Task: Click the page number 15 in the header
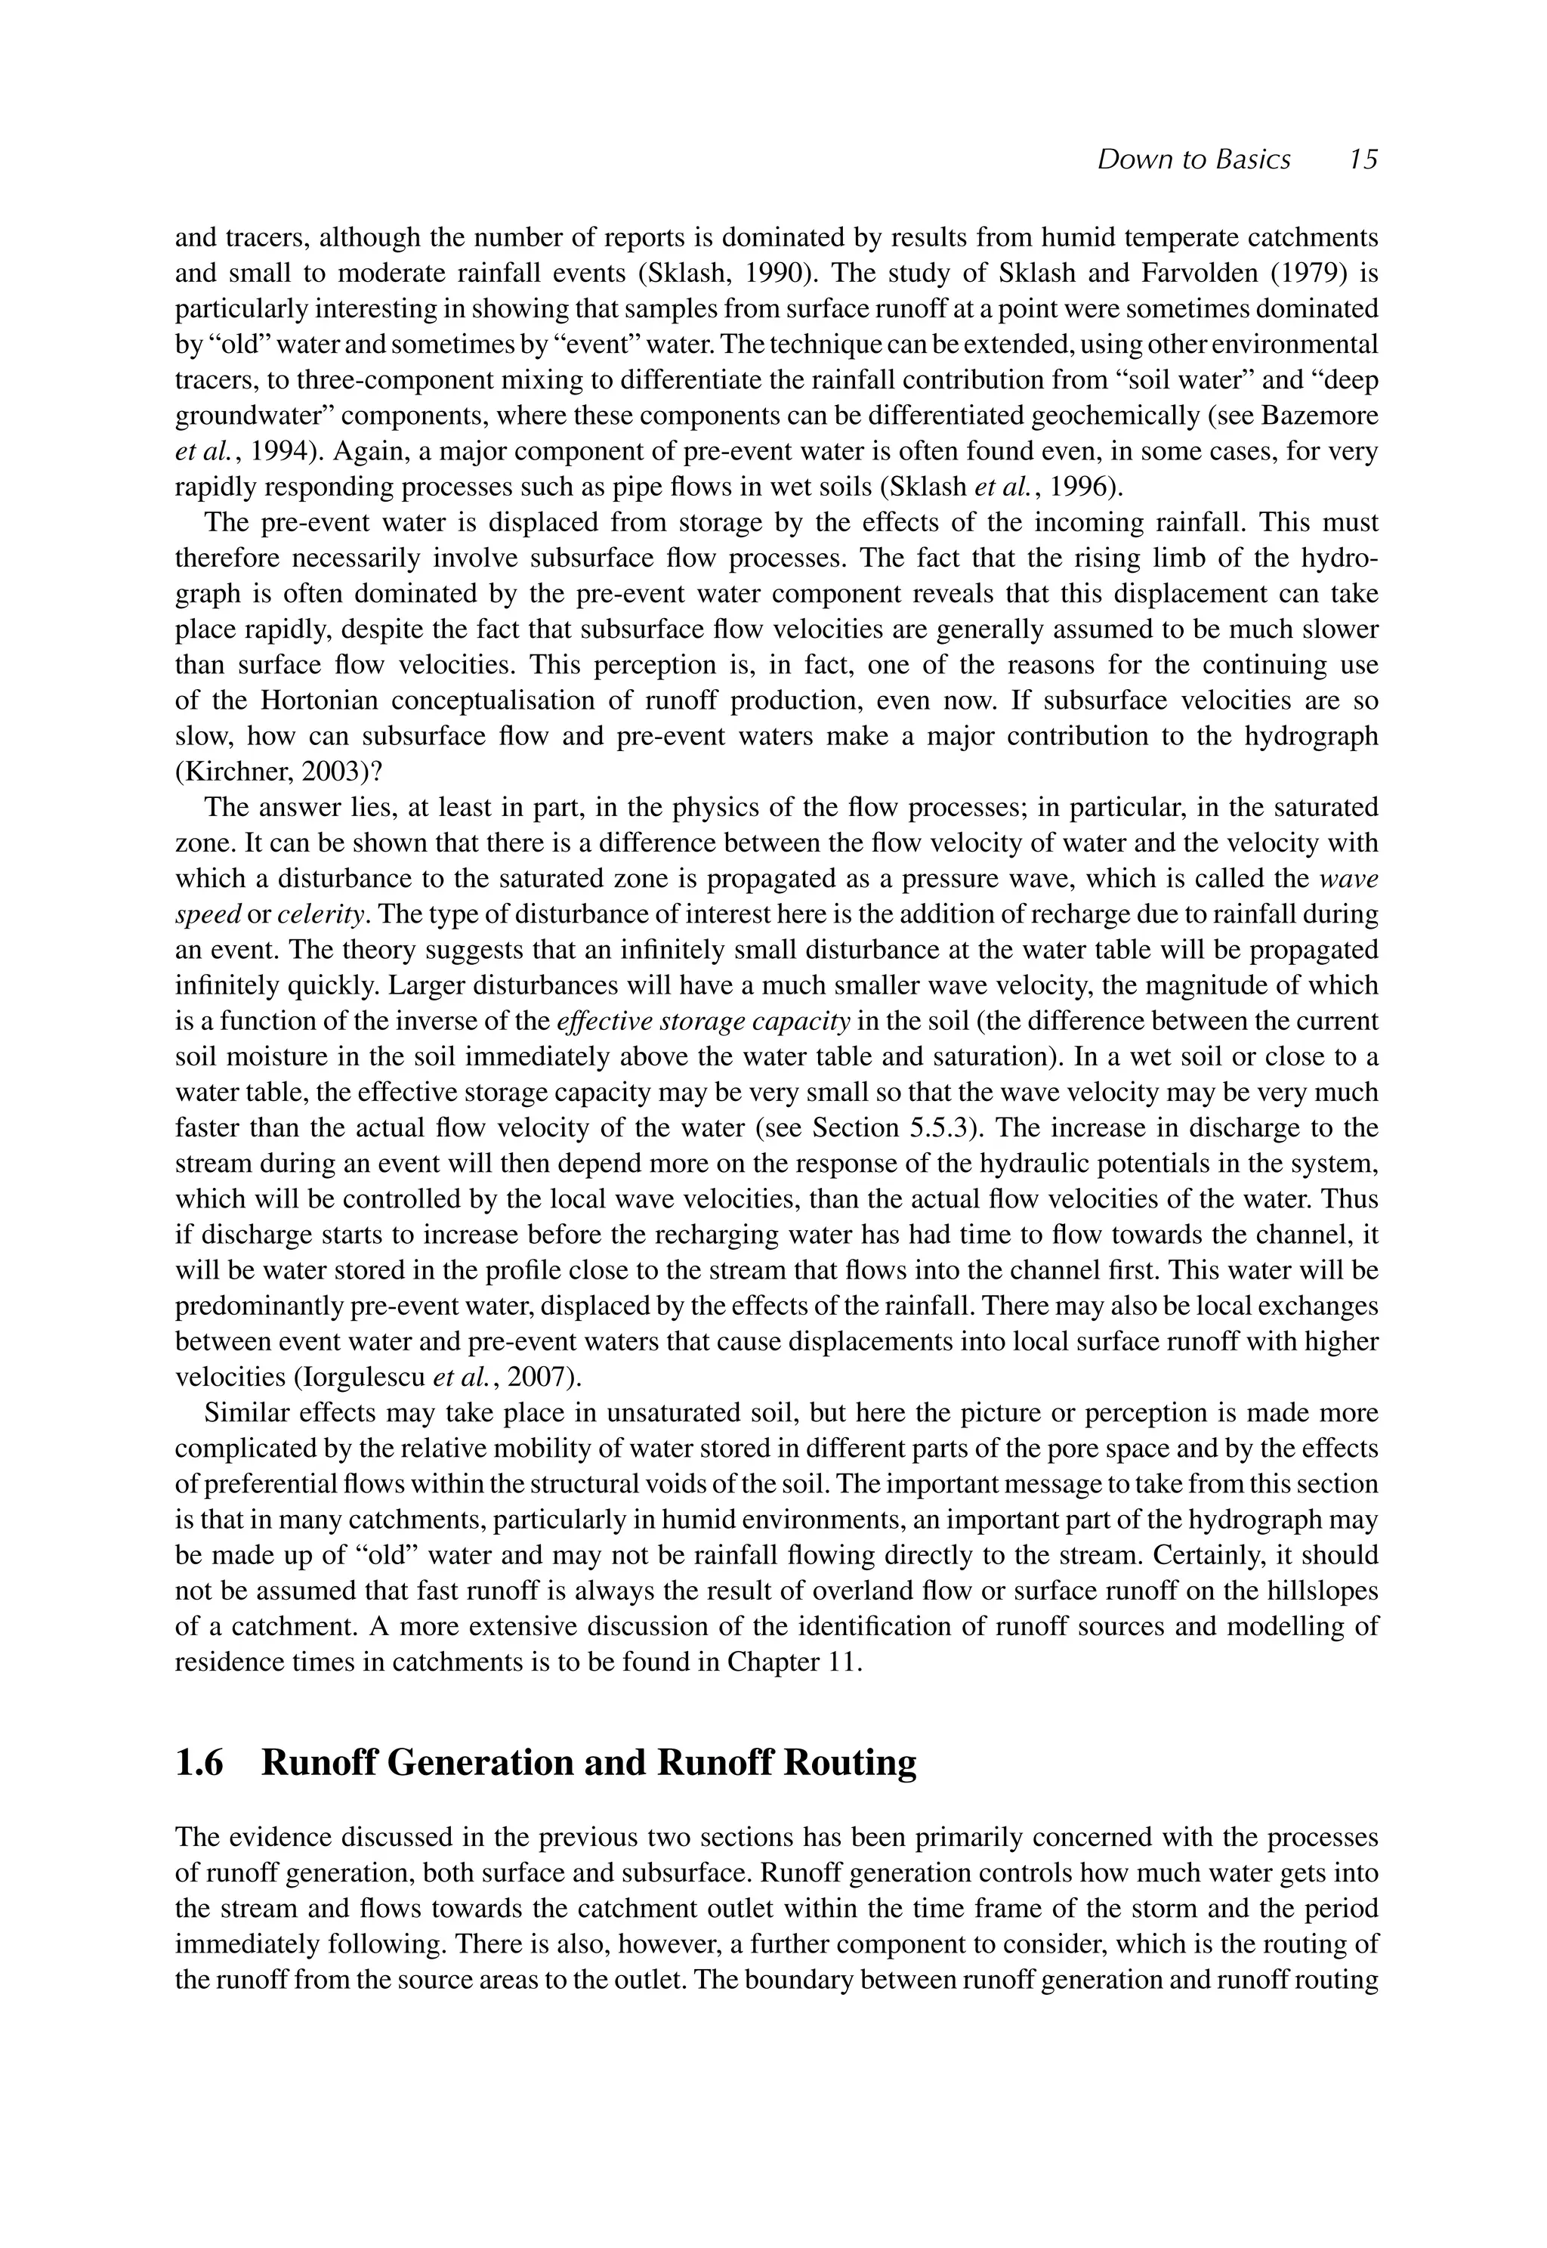point(1363,160)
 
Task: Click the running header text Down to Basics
point(1193,160)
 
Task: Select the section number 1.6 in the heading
point(199,1762)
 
